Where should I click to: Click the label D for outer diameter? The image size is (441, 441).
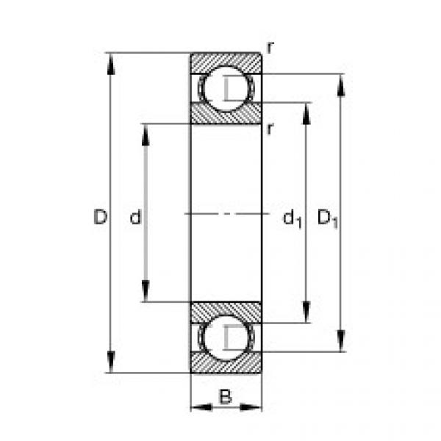tap(101, 217)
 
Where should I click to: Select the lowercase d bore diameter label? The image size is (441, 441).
tap(135, 217)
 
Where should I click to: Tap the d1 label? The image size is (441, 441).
tap(292, 218)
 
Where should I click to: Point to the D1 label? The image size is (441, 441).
tap(328, 218)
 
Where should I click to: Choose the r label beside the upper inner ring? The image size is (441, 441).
tap(270, 129)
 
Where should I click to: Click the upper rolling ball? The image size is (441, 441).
tap(226, 89)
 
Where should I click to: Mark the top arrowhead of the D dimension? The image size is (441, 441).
tap(111, 62)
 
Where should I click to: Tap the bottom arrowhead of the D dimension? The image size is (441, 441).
tap(111, 363)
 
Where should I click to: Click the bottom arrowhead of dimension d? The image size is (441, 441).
tap(145, 292)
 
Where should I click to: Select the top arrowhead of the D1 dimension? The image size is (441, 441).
tap(340, 84)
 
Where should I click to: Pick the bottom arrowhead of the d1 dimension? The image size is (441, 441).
tap(306, 313)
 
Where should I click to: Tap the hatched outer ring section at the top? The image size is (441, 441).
tap(226, 62)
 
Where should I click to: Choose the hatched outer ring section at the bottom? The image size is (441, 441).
tap(226, 363)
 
